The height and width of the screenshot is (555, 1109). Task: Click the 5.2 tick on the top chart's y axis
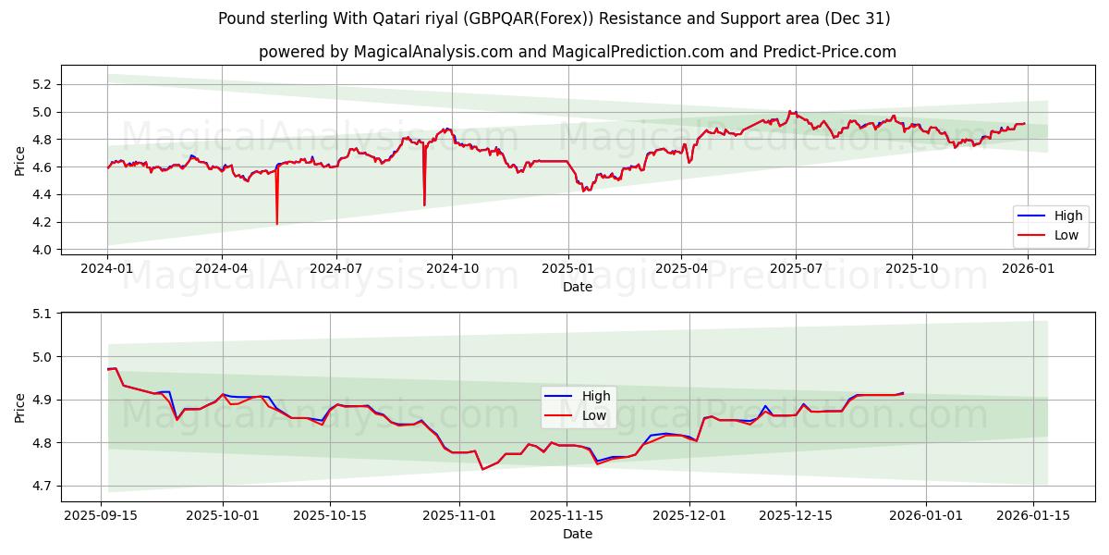[42, 84]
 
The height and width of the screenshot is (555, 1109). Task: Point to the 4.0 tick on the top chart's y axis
[42, 250]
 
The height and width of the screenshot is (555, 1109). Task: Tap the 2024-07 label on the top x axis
[335, 268]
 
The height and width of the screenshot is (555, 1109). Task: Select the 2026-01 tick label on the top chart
[1028, 268]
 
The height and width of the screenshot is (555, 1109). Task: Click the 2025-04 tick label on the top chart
[681, 268]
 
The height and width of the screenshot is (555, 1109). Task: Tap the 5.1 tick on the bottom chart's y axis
[42, 314]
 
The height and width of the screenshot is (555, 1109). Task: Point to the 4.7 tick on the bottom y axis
[42, 486]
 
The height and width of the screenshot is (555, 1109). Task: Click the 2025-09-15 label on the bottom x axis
[101, 516]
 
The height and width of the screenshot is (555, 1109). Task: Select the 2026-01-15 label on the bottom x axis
[1030, 516]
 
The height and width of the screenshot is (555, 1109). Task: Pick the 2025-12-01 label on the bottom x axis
[689, 516]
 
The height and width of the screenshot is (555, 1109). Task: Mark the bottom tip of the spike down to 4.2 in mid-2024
[276, 224]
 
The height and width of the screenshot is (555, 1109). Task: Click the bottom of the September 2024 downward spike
[424, 204]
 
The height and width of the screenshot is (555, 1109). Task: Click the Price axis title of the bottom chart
[20, 407]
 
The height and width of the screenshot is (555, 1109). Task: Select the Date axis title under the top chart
[577, 288]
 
